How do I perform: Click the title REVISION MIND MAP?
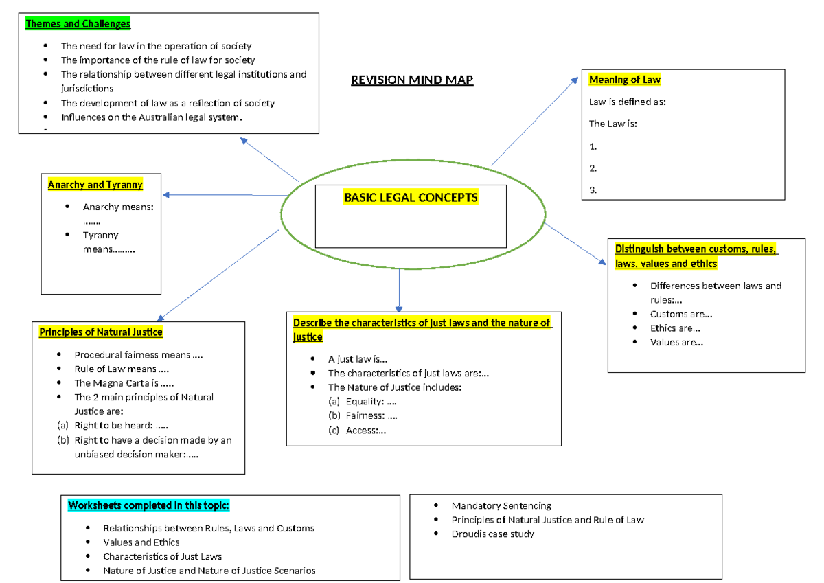click(412, 80)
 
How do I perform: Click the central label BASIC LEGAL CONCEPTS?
click(411, 198)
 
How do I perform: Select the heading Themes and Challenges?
click(78, 24)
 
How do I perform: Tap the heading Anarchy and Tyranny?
click(95, 184)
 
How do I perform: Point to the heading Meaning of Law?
click(625, 80)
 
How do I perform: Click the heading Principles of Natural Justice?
click(101, 332)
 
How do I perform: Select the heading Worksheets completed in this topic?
click(149, 506)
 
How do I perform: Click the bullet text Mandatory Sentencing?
click(501, 505)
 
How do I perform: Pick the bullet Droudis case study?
click(492, 534)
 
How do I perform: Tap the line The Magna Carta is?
click(124, 383)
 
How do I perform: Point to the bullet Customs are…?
click(680, 314)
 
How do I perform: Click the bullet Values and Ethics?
click(141, 542)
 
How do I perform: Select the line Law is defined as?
click(628, 102)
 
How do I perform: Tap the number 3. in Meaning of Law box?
click(593, 190)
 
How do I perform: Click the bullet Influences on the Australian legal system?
click(152, 117)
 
